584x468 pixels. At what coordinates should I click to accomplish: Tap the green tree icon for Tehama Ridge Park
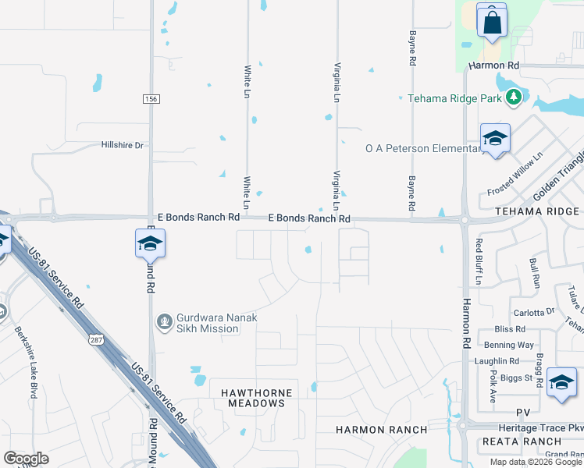pos(513,97)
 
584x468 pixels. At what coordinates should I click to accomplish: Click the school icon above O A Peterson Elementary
pos(495,140)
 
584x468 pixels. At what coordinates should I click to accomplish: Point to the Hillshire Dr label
pos(123,145)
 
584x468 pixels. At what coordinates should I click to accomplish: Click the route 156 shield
pos(151,98)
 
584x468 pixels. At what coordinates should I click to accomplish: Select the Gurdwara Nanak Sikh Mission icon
pos(164,321)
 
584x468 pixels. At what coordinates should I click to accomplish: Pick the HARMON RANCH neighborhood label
pos(382,430)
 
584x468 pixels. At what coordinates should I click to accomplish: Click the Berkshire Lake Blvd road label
pos(24,362)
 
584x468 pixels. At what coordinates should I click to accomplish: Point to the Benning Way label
pos(509,344)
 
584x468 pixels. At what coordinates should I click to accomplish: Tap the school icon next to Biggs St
pos(561,382)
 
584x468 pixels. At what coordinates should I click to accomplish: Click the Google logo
pos(26,459)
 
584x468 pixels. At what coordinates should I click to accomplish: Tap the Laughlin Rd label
pos(497,361)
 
